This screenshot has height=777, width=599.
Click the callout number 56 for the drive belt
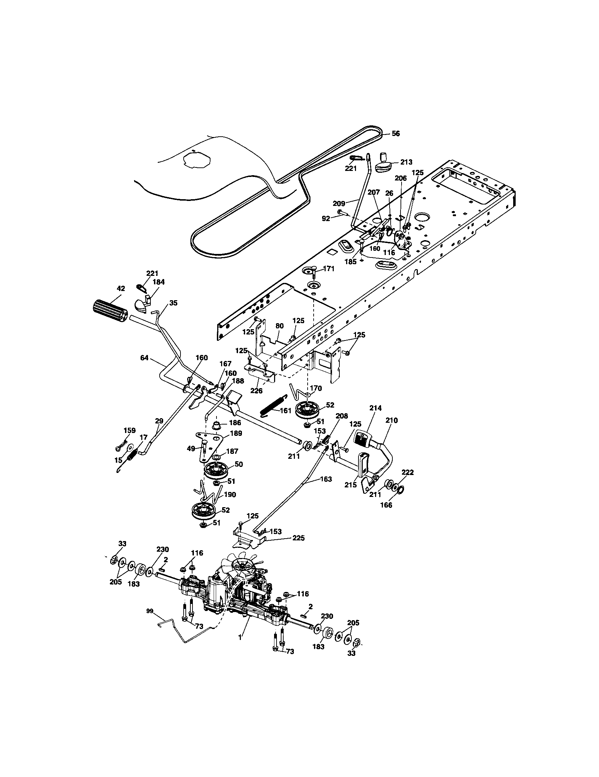tap(396, 134)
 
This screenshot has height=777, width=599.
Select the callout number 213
tap(406, 162)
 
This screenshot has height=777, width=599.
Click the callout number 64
tap(144, 358)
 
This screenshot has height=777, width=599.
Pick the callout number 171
tap(329, 269)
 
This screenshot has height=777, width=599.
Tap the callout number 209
tap(339, 203)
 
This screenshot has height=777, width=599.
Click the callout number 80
tap(280, 326)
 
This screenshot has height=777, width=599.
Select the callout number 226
tap(256, 391)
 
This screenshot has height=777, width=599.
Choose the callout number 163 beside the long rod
tap(326, 479)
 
